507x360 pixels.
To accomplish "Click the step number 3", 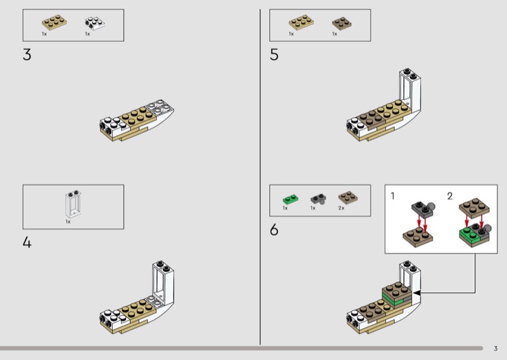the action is [x=27, y=55].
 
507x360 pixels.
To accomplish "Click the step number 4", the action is [x=27, y=242].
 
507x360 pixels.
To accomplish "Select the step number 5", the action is [x=274, y=55].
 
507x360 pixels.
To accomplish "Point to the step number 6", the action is [x=274, y=229].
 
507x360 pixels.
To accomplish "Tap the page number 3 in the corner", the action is [x=496, y=349].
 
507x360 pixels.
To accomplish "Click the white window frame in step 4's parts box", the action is [x=73, y=204].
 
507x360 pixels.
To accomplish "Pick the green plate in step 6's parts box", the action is [x=290, y=198].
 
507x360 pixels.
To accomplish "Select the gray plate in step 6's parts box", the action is [x=319, y=198].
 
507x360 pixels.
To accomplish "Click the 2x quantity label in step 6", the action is [x=341, y=208].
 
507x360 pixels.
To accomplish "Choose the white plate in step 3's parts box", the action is [x=95, y=23].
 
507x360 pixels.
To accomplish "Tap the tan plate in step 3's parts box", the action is [x=55, y=22].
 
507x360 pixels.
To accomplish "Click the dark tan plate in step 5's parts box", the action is [x=342, y=23].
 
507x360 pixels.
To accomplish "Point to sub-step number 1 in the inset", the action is [x=392, y=196].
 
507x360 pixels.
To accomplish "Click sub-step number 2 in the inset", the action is [x=450, y=196].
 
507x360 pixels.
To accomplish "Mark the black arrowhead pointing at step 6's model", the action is [x=417, y=293].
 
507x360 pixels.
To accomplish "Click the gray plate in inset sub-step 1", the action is [x=422, y=209].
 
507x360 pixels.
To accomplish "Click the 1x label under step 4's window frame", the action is [x=68, y=222].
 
